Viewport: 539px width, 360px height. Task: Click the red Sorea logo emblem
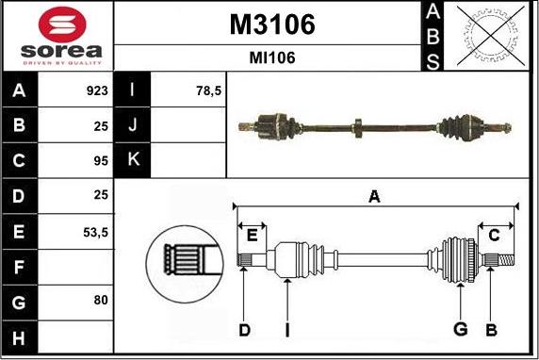[x=62, y=25]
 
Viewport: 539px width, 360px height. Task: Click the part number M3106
[x=272, y=25]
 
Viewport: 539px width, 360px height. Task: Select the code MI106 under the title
[x=272, y=57]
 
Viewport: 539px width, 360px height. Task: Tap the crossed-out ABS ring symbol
[x=491, y=36]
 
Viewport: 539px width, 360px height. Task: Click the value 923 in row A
[x=97, y=90]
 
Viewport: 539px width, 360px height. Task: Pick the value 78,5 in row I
[x=209, y=91]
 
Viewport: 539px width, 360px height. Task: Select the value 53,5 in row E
[x=95, y=233]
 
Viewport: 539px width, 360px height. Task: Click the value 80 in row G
[x=101, y=301]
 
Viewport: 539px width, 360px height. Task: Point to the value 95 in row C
[x=101, y=161]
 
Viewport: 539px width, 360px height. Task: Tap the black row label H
[x=19, y=338]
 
